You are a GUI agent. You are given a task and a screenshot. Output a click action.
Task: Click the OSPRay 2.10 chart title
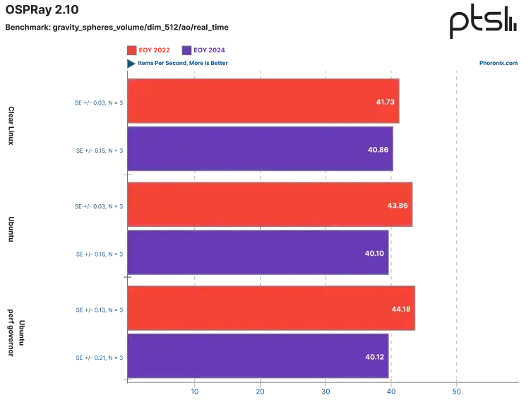pyautogui.click(x=42, y=9)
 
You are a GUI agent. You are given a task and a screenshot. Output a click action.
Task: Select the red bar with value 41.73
pyautogui.click(x=263, y=101)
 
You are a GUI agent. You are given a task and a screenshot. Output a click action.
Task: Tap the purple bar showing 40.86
pyautogui.click(x=260, y=149)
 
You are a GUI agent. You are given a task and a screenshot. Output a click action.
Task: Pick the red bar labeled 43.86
pyautogui.click(x=270, y=204)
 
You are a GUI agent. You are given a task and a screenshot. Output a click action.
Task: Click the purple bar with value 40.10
pyautogui.click(x=258, y=252)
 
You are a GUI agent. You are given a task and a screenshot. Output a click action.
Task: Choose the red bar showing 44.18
pyautogui.click(x=271, y=308)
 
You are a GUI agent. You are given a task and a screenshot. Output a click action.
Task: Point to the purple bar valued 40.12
pyautogui.click(x=258, y=356)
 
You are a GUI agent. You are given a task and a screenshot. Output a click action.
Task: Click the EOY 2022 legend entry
pyautogui.click(x=149, y=50)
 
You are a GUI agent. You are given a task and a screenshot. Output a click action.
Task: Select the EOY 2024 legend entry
pyautogui.click(x=203, y=50)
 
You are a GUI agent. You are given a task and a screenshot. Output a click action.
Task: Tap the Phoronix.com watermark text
pyautogui.click(x=498, y=63)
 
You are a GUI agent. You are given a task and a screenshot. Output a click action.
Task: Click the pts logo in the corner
pyautogui.click(x=483, y=21)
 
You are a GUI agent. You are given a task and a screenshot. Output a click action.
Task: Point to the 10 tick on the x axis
pyautogui.click(x=195, y=392)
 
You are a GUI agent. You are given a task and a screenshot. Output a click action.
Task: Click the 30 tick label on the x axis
pyautogui.click(x=326, y=392)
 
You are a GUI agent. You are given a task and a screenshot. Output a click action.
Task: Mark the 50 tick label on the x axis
pyautogui.click(x=456, y=392)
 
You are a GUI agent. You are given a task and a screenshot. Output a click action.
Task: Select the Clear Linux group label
pyautogui.click(x=11, y=126)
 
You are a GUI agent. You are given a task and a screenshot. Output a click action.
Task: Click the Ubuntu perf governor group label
pyautogui.click(x=16, y=333)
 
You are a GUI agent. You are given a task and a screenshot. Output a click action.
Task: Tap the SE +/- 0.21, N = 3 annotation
pyautogui.click(x=100, y=358)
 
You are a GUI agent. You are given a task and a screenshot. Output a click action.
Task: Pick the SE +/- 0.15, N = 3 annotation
pyautogui.click(x=100, y=151)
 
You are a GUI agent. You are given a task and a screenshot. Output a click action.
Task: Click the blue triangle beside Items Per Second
pyautogui.click(x=131, y=64)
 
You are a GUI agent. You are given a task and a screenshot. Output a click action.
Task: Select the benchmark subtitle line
pyautogui.click(x=117, y=28)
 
